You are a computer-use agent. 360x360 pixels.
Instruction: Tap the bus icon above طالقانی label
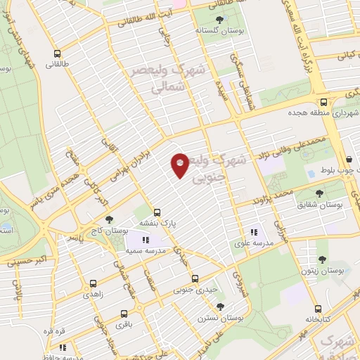pos(57,53)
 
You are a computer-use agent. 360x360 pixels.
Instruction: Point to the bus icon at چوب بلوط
pos(350,160)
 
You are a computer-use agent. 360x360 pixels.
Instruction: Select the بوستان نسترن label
pos(221,317)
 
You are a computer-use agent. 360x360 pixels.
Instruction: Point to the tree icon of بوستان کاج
pos(108,219)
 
